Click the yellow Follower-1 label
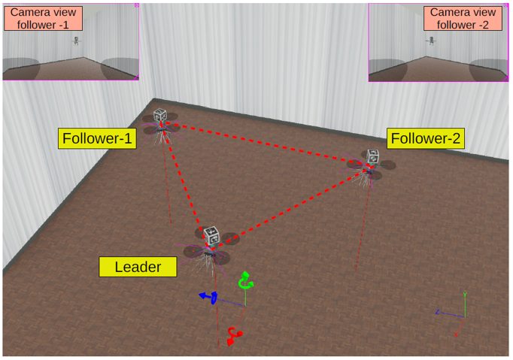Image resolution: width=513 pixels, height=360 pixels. tap(98, 138)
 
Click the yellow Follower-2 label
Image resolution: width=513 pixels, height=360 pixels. tap(425, 138)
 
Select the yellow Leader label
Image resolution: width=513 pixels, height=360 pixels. tap(138, 266)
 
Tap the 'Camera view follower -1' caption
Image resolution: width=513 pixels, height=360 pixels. tap(43, 18)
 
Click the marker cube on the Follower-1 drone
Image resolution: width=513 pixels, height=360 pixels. tap(159, 116)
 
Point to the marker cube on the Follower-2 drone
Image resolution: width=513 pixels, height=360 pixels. tap(372, 156)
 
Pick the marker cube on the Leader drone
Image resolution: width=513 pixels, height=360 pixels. tap(211, 236)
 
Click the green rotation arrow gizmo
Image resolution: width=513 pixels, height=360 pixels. tap(244, 282)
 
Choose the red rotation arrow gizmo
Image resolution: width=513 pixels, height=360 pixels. tap(235, 336)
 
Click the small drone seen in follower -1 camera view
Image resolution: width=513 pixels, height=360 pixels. tap(76, 41)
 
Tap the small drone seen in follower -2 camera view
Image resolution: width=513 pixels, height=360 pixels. tap(432, 41)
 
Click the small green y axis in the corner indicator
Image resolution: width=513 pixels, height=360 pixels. tap(465, 304)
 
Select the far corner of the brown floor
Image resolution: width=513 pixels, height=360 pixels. tap(154, 99)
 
